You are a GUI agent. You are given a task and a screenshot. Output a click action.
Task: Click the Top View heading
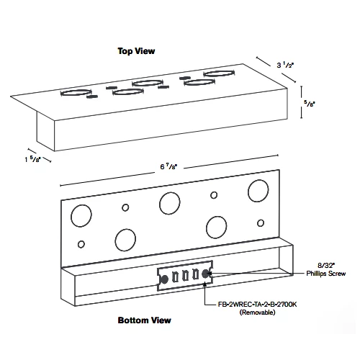(136, 51)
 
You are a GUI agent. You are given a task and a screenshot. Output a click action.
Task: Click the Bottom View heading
(144, 320)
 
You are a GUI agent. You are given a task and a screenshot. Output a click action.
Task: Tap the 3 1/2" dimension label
(285, 65)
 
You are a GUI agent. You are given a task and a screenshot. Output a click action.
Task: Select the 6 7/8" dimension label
(168, 166)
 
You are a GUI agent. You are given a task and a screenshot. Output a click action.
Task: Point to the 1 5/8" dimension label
(33, 159)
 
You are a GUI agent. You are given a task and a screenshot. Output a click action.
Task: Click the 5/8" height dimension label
(310, 103)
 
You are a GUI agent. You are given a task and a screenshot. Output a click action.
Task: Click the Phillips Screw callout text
(326, 274)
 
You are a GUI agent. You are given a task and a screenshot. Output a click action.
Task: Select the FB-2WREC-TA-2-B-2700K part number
(257, 305)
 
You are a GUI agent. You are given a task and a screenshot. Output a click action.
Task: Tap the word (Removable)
(257, 312)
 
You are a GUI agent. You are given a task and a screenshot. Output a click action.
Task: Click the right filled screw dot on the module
(205, 274)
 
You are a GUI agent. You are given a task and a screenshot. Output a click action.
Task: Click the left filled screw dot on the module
(164, 279)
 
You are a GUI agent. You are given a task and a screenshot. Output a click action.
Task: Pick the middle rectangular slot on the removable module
(185, 275)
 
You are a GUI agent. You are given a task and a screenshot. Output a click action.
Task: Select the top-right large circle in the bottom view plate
(258, 191)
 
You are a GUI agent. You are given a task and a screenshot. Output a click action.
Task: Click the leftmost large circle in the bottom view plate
(81, 216)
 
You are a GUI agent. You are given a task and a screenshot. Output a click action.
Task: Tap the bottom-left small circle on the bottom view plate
(81, 244)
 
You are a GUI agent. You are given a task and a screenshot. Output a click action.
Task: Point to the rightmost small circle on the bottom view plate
(261, 223)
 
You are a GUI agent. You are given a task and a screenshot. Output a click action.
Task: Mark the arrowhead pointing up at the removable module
(205, 285)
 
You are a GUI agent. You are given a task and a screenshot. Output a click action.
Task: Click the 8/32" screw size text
(326, 265)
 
